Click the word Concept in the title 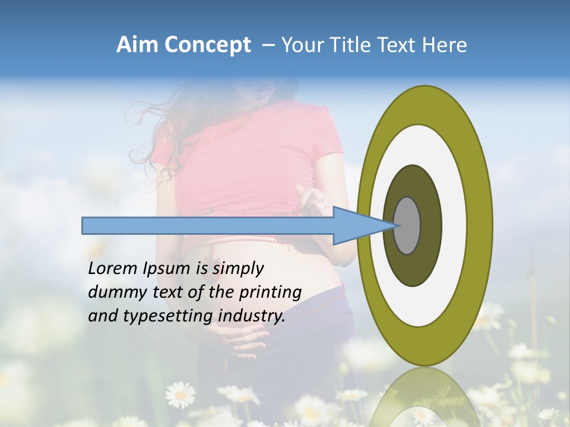[207, 45]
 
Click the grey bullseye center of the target [407, 225]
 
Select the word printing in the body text [270, 293]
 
